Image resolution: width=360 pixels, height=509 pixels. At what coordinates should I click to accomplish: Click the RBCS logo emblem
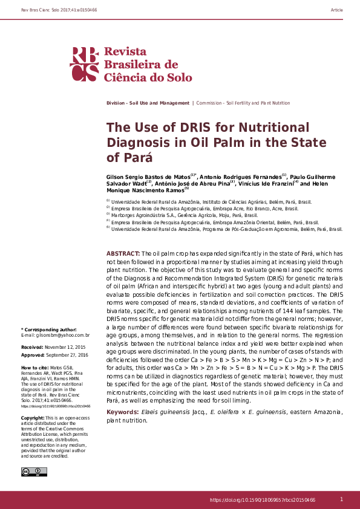[x=85, y=63]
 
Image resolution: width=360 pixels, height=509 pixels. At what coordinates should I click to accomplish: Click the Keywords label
[x=123, y=412]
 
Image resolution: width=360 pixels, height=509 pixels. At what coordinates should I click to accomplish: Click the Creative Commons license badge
[x=30, y=472]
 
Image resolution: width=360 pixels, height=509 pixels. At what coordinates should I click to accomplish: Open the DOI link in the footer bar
[x=263, y=500]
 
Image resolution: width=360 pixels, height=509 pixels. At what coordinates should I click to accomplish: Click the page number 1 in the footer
[x=341, y=499]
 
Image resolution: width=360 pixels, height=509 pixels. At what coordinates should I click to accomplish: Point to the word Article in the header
[x=337, y=11]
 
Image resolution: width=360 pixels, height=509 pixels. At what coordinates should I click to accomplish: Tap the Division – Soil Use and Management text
[x=148, y=103]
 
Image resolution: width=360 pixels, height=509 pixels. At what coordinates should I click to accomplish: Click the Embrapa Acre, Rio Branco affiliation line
[x=204, y=208]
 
